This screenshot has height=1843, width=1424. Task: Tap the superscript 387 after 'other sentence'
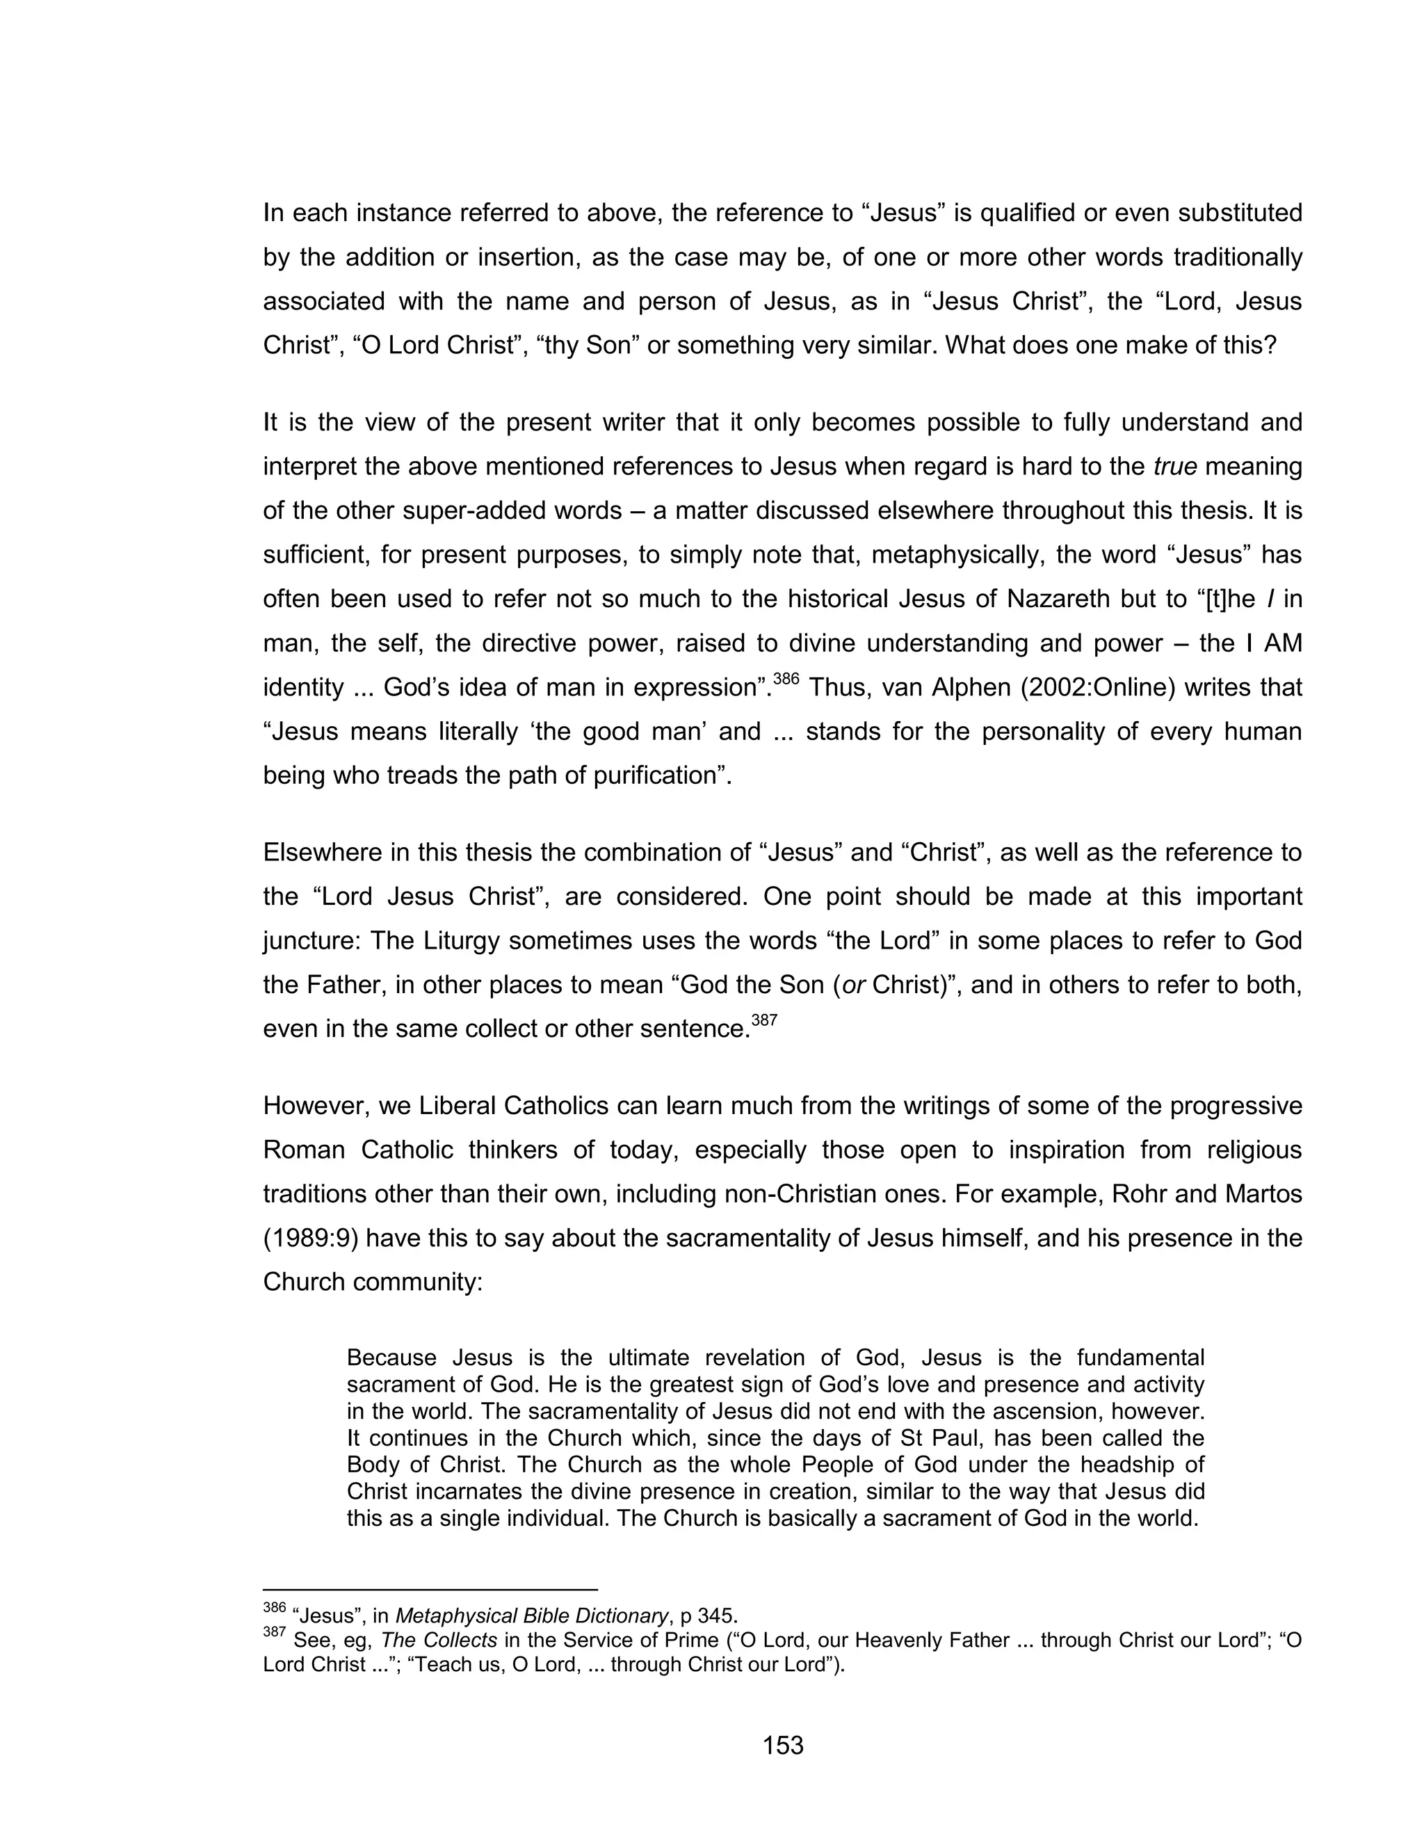763,1020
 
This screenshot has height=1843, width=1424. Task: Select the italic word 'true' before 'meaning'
1175,467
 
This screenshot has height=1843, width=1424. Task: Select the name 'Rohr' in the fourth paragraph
1140,1194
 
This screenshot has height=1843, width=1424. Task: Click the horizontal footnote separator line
430,1589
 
